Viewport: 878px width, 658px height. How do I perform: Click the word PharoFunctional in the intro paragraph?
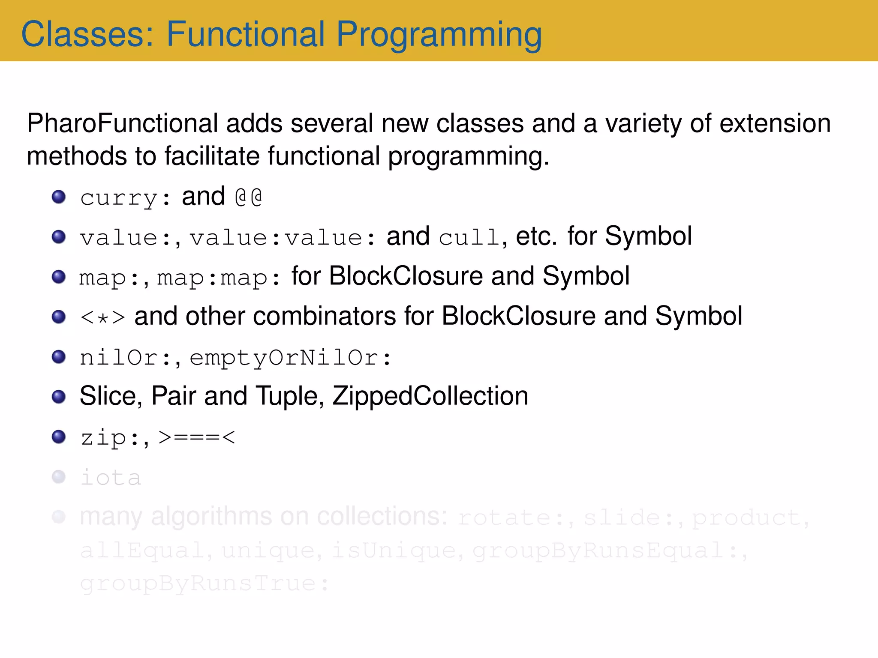pos(123,123)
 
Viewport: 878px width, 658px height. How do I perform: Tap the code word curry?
pos(125,198)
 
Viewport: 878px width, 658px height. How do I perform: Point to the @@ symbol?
pos(249,197)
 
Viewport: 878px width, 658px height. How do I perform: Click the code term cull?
pos(469,237)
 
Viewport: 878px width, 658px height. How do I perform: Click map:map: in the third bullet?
pos(219,278)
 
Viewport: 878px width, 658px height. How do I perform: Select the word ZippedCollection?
pos(430,396)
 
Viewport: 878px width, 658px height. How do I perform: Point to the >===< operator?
pos(197,437)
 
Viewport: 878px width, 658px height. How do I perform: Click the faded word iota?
pos(111,478)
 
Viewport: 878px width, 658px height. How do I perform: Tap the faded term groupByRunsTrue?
pos(204,584)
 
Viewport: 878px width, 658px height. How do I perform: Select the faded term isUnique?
pos(394,550)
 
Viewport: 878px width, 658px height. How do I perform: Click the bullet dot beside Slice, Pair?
pos(59,397)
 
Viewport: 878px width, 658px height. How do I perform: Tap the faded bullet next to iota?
pos(59,477)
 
